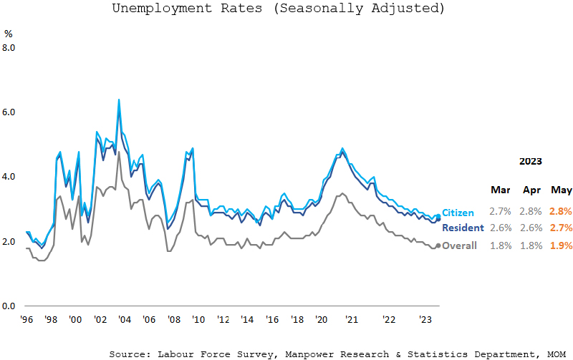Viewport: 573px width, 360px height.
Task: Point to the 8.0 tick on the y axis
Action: (9, 48)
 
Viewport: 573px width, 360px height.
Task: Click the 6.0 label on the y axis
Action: (9, 112)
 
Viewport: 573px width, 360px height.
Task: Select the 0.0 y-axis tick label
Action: (9, 306)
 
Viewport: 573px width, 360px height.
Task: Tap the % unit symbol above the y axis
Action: (9, 34)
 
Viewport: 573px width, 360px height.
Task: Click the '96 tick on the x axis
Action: (27, 320)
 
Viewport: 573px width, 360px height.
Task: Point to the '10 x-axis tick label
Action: (198, 320)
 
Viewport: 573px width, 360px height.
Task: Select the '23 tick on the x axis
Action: (424, 320)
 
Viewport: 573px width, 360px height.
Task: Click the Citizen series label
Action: (458, 213)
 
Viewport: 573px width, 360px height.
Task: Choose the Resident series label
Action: (463, 228)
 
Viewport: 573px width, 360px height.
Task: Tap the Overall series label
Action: (459, 245)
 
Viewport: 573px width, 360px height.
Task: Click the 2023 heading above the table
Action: (530, 161)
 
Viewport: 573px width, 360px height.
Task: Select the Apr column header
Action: (531, 190)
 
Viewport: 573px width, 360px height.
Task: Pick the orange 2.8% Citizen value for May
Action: (561, 213)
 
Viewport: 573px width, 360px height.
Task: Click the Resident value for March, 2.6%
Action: (500, 228)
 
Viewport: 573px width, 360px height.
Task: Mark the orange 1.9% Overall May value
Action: (561, 245)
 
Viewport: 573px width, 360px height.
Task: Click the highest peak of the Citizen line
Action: (118, 99)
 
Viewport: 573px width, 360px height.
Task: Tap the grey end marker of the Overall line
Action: (438, 245)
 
